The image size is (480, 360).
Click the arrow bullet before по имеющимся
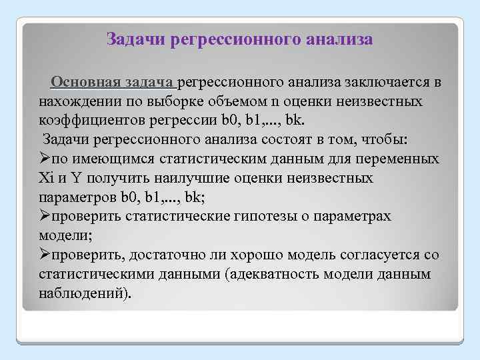pyautogui.click(x=45, y=160)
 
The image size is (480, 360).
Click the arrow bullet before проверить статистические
pyautogui.click(x=45, y=217)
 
